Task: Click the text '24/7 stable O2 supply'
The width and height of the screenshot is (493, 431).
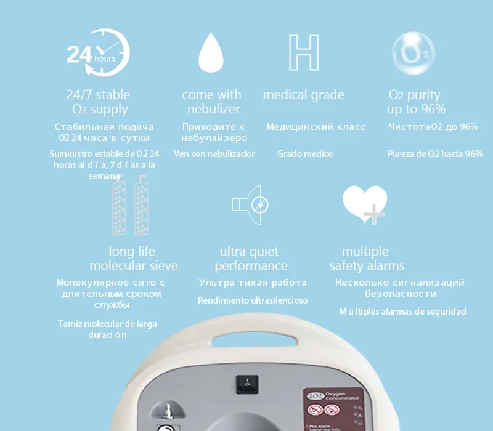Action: click(x=99, y=102)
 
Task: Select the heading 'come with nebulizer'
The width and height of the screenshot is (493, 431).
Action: click(x=212, y=102)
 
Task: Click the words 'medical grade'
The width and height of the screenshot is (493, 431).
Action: click(x=303, y=95)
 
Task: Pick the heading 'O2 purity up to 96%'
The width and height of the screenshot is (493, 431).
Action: click(x=415, y=102)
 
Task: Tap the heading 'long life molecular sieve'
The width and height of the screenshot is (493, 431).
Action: click(x=133, y=259)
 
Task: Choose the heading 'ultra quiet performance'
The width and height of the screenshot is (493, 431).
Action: click(x=250, y=259)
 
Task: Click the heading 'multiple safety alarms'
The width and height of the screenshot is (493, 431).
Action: click(x=367, y=259)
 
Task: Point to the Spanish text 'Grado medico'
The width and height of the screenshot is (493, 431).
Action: click(x=304, y=154)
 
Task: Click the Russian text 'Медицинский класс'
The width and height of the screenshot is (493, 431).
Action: click(x=316, y=127)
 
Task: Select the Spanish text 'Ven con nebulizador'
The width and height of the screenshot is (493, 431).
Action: click(x=214, y=154)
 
